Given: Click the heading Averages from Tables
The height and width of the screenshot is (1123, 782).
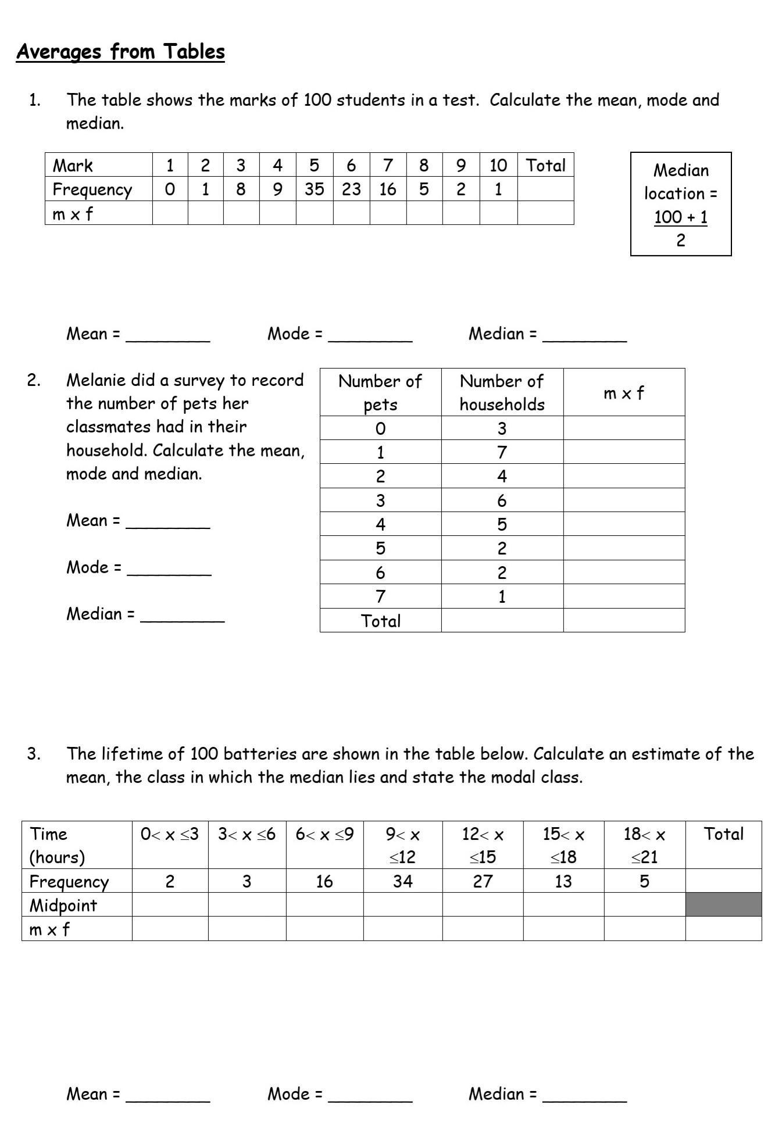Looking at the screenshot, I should click(120, 52).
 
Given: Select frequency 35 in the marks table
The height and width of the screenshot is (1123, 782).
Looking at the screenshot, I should click(314, 189).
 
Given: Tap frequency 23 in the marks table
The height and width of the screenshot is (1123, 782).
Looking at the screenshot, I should click(351, 189).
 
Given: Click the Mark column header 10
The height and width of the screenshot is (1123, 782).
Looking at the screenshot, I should click(498, 166).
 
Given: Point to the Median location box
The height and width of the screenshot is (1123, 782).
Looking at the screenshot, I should click(680, 204).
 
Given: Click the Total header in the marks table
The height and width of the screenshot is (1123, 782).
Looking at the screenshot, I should click(545, 166).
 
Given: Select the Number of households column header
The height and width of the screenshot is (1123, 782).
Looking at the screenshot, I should click(502, 392).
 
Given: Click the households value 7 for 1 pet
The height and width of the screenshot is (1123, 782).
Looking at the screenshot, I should click(502, 452).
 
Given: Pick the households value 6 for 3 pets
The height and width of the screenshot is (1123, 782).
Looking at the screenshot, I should click(502, 500).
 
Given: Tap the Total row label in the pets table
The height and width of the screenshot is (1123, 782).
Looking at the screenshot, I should click(380, 621).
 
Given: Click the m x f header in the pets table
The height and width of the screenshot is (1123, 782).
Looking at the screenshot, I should click(623, 394).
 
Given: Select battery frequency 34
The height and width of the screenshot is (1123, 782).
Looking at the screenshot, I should click(402, 881).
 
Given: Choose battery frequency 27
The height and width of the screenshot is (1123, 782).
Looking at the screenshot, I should click(483, 881).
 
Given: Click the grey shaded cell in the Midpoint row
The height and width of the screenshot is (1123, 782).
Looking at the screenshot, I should click(723, 904).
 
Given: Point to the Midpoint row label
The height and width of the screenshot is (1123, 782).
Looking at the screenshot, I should click(63, 905).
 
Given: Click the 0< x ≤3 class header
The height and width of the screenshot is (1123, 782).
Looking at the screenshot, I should click(170, 835).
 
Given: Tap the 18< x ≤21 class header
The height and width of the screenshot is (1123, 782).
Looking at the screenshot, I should click(644, 845).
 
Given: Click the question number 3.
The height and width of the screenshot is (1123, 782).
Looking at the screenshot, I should click(34, 754).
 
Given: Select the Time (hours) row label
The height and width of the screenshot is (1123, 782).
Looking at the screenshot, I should click(57, 845).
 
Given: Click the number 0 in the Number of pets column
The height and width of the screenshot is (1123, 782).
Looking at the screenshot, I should click(380, 429).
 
